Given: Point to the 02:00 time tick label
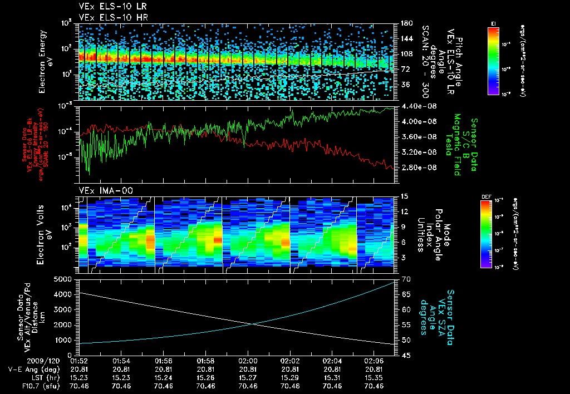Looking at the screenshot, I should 248,361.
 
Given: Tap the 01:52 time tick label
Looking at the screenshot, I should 80,361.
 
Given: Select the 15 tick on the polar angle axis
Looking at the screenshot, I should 405,196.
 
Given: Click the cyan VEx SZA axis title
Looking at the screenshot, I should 437,313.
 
